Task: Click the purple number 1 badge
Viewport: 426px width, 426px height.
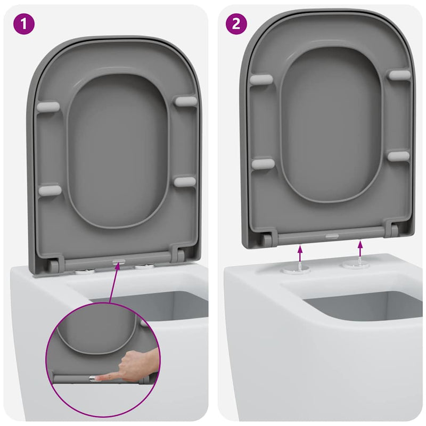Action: tap(23, 23)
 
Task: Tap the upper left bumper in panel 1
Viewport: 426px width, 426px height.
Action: tap(48, 106)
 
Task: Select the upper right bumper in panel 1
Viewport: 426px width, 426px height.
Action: tap(185, 101)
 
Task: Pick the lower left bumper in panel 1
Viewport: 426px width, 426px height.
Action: tap(49, 190)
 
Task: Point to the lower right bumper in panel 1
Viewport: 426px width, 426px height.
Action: tap(185, 182)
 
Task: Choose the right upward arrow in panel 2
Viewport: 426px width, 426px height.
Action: tap(361, 249)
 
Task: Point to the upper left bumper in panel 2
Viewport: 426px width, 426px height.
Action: tap(262, 80)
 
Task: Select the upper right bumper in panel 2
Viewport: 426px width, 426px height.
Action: tap(399, 75)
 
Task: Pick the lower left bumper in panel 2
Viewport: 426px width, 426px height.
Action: tap(263, 163)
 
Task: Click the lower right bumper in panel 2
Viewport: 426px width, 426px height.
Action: tap(398, 156)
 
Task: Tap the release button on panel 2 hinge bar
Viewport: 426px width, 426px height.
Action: tap(331, 235)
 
